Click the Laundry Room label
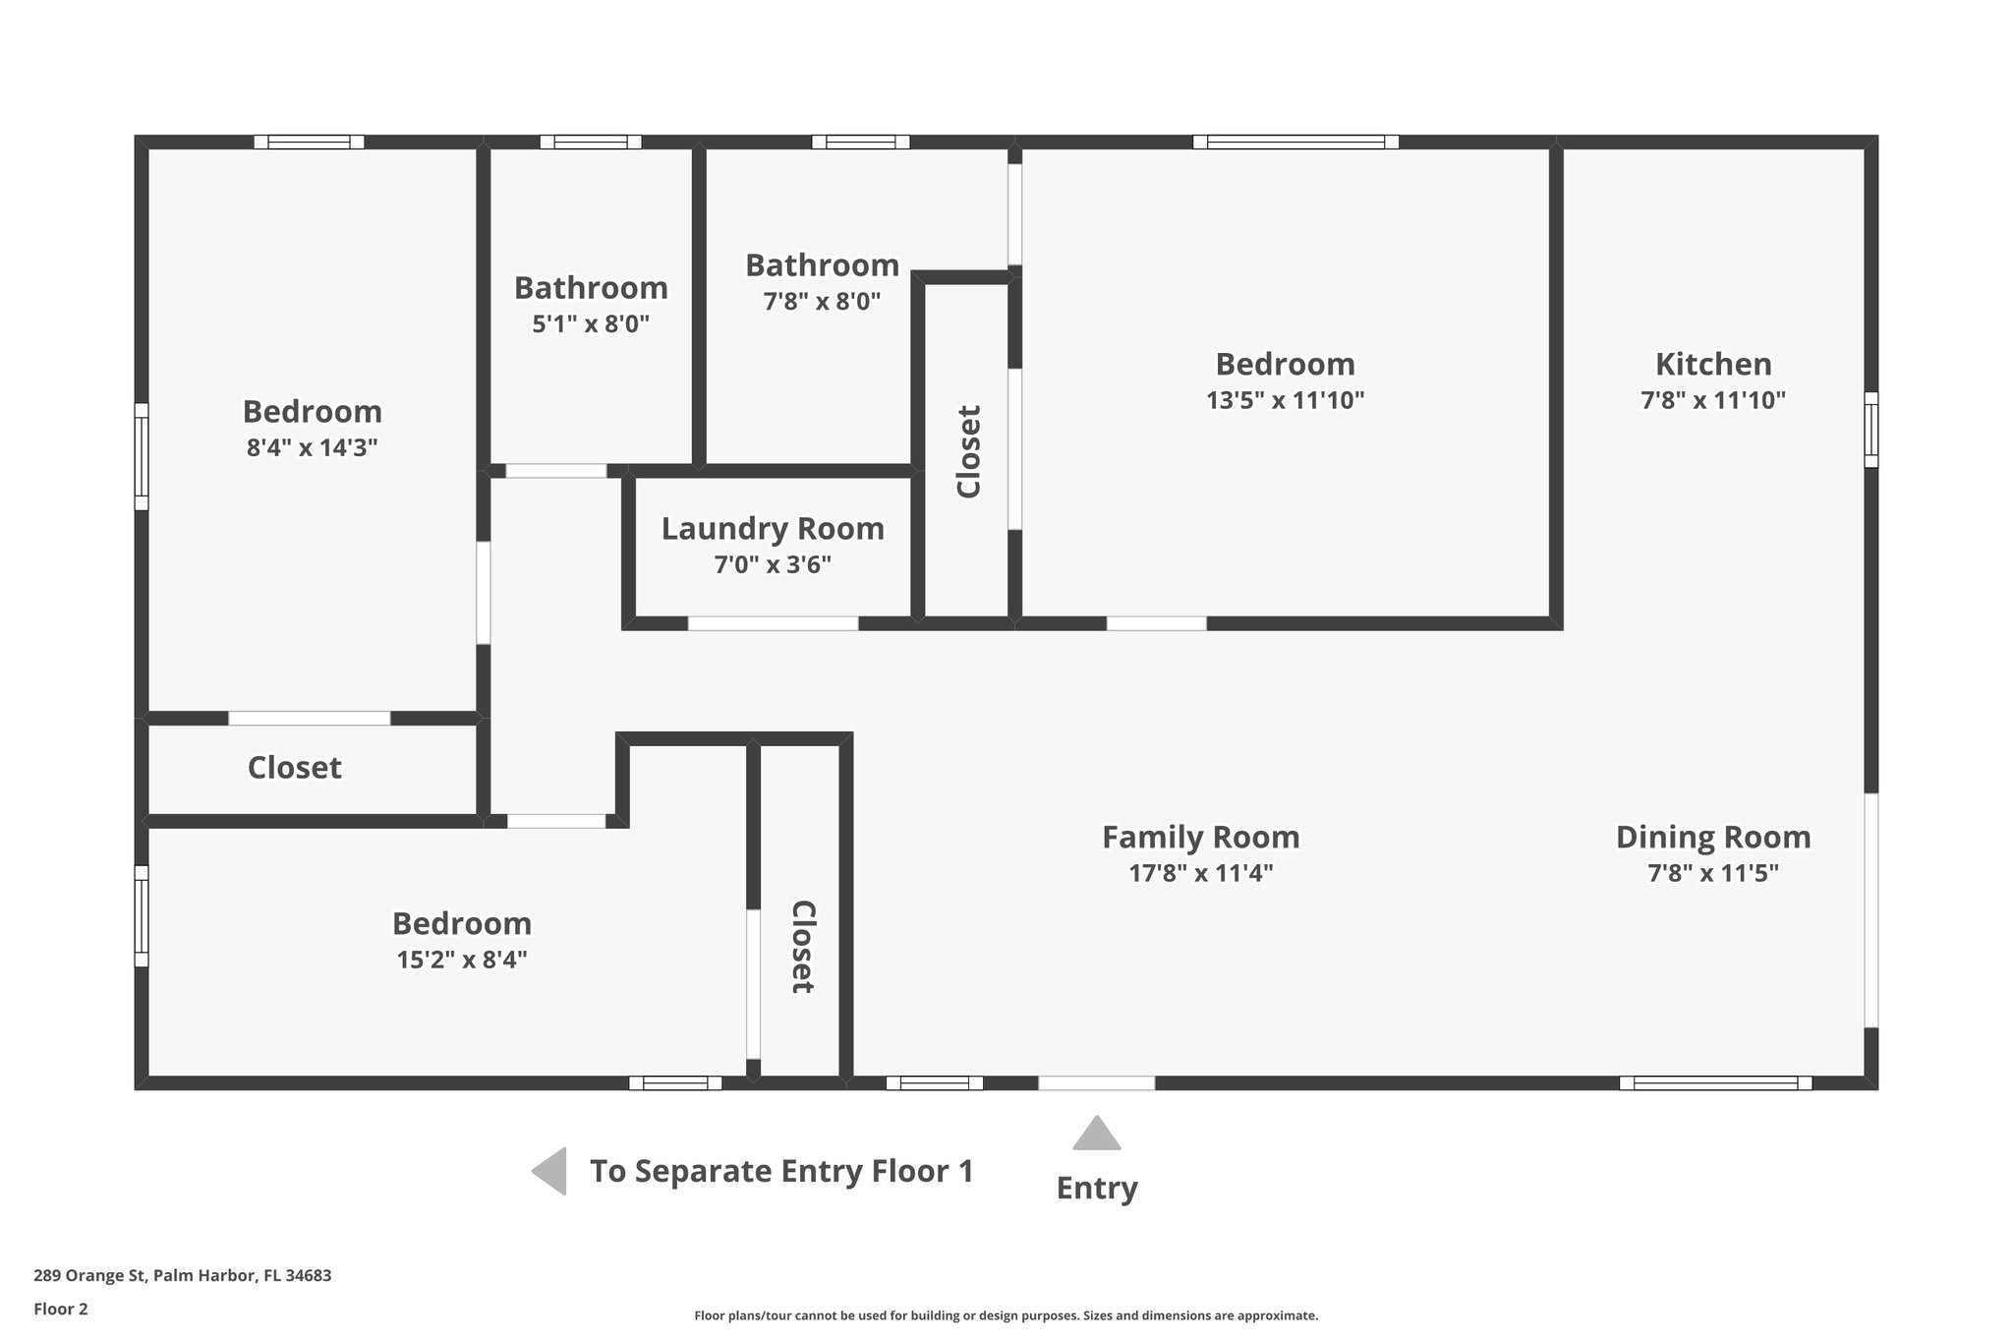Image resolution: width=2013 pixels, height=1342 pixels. click(x=773, y=529)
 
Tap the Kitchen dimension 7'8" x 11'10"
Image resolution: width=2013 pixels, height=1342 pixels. click(x=1712, y=401)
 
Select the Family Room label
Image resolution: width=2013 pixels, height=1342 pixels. click(x=1200, y=838)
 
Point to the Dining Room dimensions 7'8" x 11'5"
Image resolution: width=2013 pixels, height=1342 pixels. click(x=1712, y=873)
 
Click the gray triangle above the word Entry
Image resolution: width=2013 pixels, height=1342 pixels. click(x=1096, y=1135)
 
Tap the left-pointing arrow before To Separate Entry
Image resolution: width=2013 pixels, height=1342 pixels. click(x=550, y=1171)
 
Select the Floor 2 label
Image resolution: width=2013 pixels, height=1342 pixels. click(x=61, y=1310)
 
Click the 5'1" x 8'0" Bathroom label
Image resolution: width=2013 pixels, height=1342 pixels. click(x=591, y=288)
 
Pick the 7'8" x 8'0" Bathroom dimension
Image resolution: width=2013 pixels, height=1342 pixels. click(x=822, y=302)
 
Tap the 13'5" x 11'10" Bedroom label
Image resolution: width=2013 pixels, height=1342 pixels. click(x=1285, y=365)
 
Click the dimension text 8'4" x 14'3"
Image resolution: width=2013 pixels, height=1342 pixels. click(x=312, y=448)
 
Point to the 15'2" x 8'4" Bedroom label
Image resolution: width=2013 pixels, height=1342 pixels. click(x=461, y=924)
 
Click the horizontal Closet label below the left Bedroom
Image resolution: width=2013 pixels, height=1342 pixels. click(x=294, y=768)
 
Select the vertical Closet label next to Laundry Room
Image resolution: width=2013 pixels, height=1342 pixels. click(x=968, y=451)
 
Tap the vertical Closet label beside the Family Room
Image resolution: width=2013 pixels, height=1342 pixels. click(x=803, y=947)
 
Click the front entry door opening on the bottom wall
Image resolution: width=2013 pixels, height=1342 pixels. click(x=1096, y=1083)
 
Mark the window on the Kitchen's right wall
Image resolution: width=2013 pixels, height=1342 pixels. click(x=1870, y=430)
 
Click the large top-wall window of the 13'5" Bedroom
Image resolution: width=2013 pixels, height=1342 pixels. click(x=1294, y=142)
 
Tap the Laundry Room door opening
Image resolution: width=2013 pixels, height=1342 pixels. click(x=773, y=623)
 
